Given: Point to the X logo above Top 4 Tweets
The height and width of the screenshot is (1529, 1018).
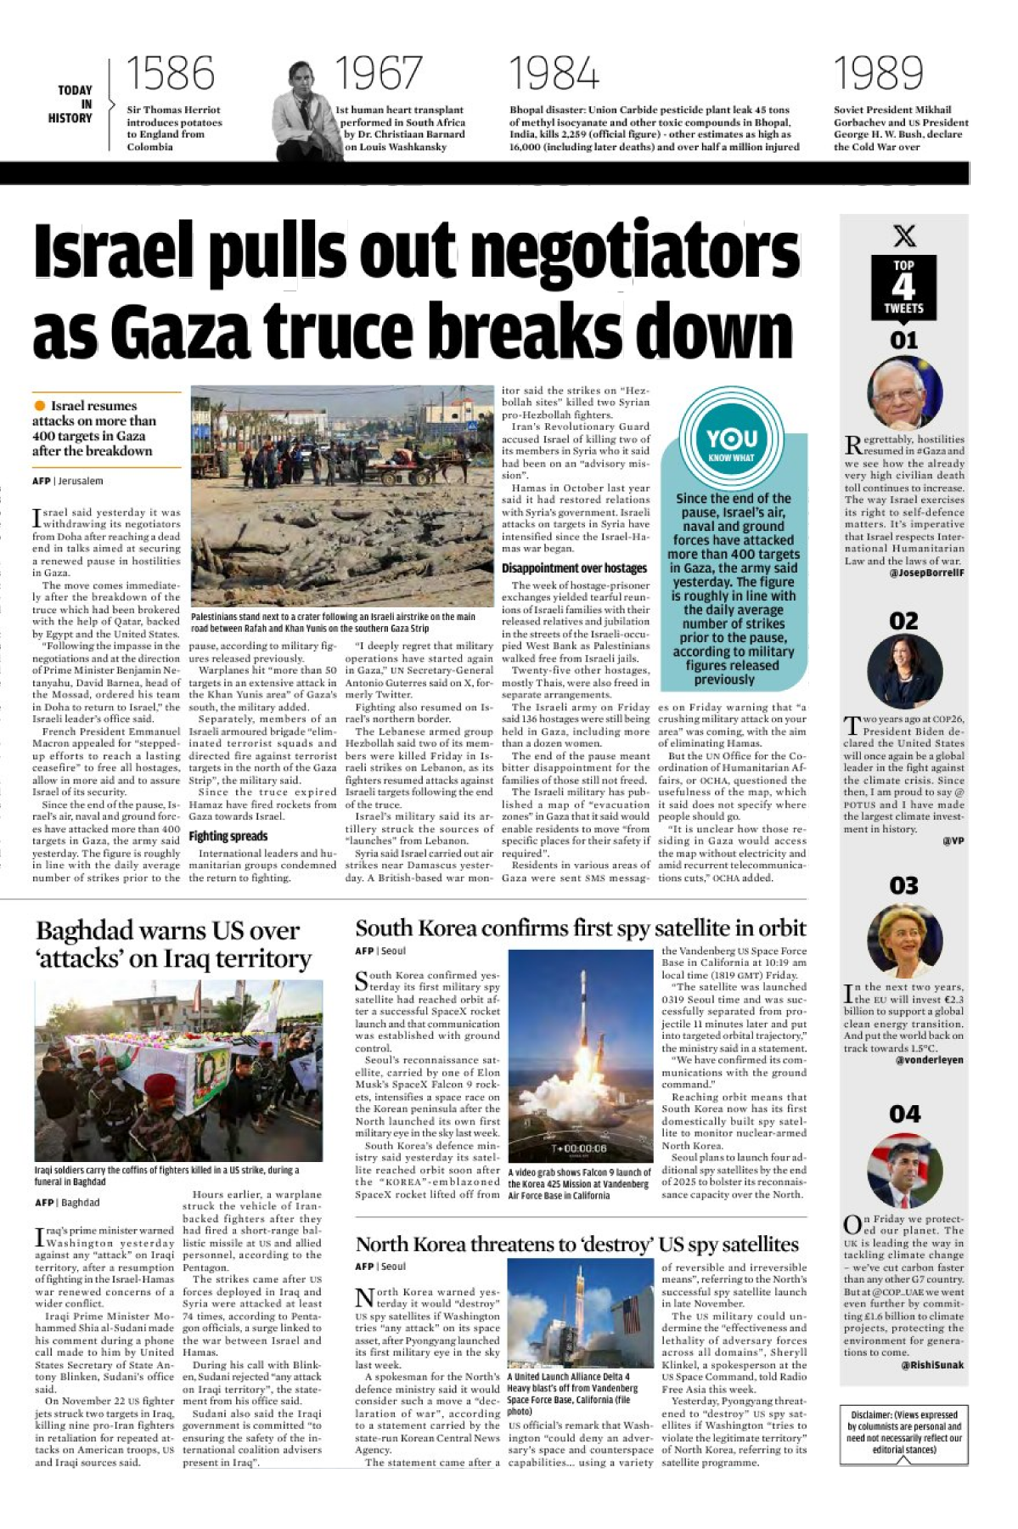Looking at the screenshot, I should (x=905, y=235).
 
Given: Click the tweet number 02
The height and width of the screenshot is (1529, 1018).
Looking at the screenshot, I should (x=903, y=621).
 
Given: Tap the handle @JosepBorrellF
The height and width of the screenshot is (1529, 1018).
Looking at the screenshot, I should (x=926, y=573).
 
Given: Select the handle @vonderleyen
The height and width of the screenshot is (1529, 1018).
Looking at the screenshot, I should (x=930, y=1060).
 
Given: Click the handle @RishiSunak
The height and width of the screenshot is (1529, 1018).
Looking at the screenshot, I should (x=932, y=1365).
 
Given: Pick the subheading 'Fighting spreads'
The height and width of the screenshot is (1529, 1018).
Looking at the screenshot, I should (x=228, y=836).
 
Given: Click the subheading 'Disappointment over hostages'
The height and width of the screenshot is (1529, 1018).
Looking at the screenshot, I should (x=574, y=568).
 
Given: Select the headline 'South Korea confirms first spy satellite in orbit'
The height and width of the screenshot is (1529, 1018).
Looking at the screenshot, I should (x=580, y=928).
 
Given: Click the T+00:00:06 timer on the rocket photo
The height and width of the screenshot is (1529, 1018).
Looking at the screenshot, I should (x=579, y=1148).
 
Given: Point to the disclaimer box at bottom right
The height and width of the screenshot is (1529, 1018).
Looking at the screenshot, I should (x=904, y=1432).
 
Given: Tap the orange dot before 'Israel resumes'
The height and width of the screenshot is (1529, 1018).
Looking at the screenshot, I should (x=40, y=406).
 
